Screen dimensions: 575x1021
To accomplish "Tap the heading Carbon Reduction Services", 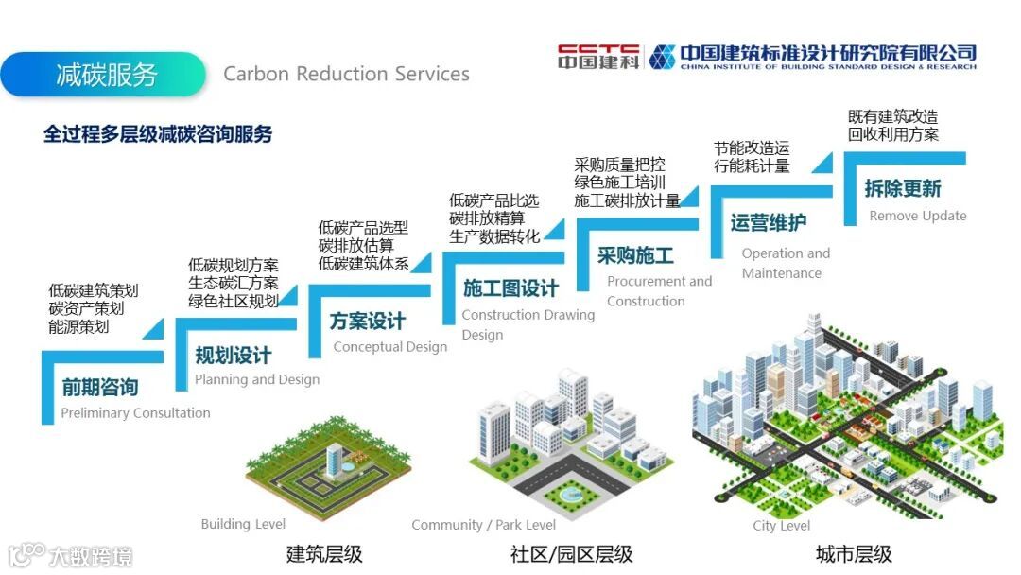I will pyautogui.click(x=346, y=74).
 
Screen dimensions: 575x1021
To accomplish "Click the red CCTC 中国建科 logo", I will pyautogui.click(x=598, y=57).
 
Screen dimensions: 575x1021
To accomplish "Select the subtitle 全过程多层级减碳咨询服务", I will pyautogui.click(x=158, y=134).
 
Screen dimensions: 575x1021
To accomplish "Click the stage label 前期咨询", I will pyautogui.click(x=100, y=387).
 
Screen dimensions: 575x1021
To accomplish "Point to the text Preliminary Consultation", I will pyautogui.click(x=135, y=412).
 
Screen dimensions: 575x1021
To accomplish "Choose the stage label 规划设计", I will pyautogui.click(x=233, y=356).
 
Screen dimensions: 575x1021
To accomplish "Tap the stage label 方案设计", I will pyautogui.click(x=368, y=321).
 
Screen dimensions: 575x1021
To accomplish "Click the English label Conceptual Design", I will pyautogui.click(x=389, y=346).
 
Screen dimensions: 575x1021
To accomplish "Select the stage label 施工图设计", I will pyautogui.click(x=510, y=288).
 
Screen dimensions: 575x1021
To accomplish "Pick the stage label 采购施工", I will pyautogui.click(x=635, y=255).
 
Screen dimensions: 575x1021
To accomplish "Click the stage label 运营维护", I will pyautogui.click(x=769, y=223).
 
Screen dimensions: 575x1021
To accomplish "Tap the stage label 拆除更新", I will pyautogui.click(x=903, y=188).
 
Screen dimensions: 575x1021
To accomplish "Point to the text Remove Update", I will pyautogui.click(x=918, y=216).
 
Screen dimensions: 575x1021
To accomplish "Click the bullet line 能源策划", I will pyautogui.click(x=78, y=326).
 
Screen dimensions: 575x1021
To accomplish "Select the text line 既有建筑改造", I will pyautogui.click(x=892, y=117).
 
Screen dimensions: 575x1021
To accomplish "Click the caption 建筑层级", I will pyautogui.click(x=324, y=554).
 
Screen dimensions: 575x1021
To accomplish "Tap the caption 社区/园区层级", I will pyautogui.click(x=571, y=554).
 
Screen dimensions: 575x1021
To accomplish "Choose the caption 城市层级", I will pyautogui.click(x=854, y=554).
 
